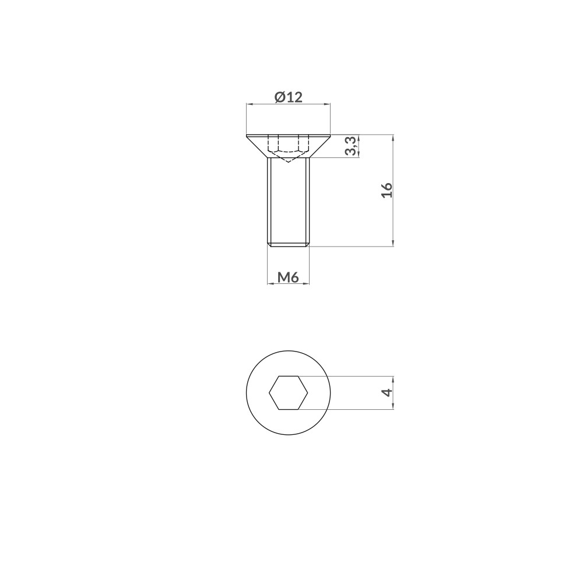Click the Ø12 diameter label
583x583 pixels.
click(289, 97)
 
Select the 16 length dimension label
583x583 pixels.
click(387, 190)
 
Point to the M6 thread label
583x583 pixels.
click(288, 277)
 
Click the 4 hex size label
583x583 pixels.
click(388, 392)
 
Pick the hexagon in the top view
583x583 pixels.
click(289, 392)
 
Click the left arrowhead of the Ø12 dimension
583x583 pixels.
click(250, 104)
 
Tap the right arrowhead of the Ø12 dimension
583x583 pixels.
click(326, 104)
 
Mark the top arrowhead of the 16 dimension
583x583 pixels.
click(393, 138)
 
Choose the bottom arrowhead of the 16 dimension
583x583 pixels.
click(393, 243)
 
